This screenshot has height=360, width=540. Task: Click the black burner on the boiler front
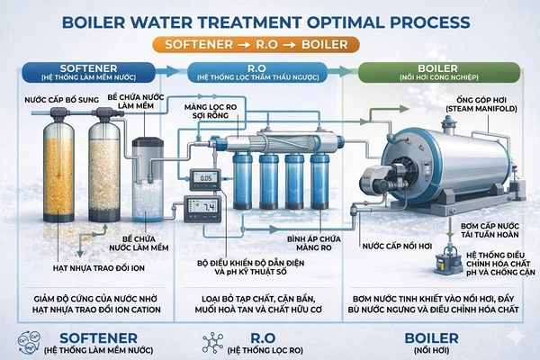point(372,177)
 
